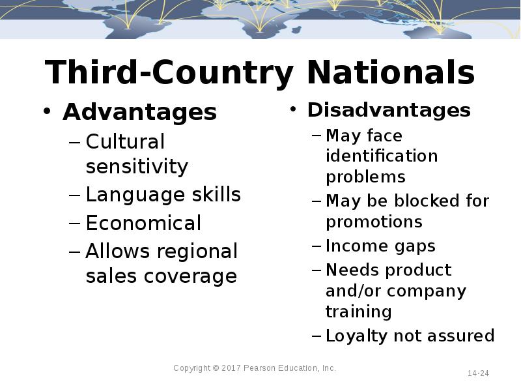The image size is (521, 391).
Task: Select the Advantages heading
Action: [x=139, y=112]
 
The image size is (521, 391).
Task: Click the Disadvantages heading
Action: [x=389, y=110]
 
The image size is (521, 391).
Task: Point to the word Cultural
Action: [x=125, y=141]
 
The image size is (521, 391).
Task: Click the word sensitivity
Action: [x=137, y=167]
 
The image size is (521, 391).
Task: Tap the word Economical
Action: [x=143, y=224]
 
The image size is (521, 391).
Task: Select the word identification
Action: [x=382, y=156]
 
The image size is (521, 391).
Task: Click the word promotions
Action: [x=374, y=222]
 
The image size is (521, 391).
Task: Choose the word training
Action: [x=358, y=311]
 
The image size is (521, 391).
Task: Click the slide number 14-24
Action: [x=478, y=373]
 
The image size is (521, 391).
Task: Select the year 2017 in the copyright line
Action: [x=231, y=368]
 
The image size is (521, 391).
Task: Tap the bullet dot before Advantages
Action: [x=47, y=112]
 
